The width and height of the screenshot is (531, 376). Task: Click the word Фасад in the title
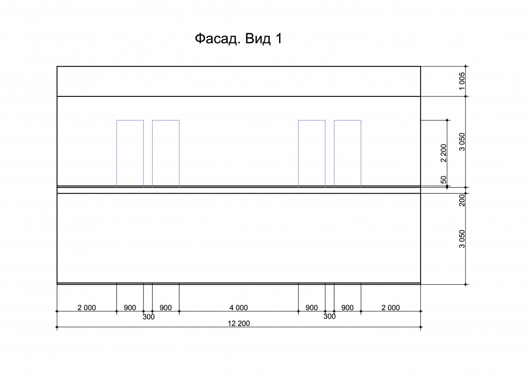tap(216, 39)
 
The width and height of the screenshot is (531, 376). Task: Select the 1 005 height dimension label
tap(462, 81)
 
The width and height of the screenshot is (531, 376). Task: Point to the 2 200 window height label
tap(443, 153)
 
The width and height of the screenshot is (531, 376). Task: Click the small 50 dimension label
tap(443, 180)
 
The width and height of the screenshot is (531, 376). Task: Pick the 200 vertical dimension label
tap(462, 200)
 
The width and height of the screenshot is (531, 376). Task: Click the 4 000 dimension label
tap(239, 307)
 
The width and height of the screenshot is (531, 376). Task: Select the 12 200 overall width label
tap(239, 323)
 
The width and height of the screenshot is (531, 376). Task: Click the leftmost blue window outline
tap(117, 154)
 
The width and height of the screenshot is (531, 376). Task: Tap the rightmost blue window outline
tap(361, 154)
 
